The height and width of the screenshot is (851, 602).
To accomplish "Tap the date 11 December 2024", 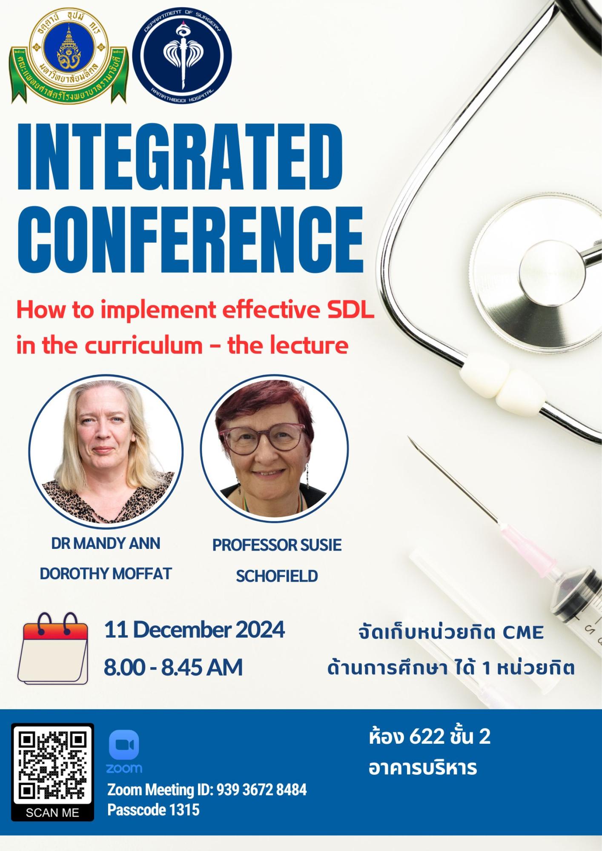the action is [195, 630].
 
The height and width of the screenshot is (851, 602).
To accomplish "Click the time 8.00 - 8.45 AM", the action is [173, 667].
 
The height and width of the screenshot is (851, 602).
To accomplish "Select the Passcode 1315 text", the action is [153, 810].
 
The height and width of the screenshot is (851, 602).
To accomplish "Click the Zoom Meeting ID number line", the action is [207, 790].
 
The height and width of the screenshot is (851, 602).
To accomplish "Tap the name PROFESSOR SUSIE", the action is [277, 545].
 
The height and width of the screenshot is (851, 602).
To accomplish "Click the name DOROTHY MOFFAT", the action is [106, 574].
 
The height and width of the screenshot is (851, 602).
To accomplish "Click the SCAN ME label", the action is [52, 813].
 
